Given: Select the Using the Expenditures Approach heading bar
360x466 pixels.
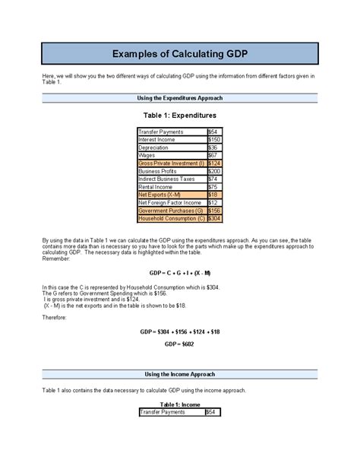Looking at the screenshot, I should click(180, 99).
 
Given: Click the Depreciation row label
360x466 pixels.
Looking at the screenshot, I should click(154, 147).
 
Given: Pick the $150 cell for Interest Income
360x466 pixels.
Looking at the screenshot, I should click(216, 140).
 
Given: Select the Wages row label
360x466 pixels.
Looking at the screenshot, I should click(147, 155).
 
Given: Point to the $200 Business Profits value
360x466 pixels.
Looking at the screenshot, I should click(216, 171).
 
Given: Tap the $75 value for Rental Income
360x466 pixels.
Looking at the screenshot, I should click(213, 187).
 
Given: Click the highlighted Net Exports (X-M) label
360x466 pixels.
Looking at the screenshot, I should click(159, 195).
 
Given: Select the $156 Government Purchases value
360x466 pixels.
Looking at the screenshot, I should click(216, 211).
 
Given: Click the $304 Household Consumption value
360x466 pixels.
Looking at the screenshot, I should click(216, 218).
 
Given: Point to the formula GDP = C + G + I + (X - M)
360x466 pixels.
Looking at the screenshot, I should click(180, 272).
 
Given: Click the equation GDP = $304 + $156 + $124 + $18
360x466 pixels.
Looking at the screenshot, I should click(180, 331).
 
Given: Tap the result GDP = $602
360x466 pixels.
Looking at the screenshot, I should click(180, 344).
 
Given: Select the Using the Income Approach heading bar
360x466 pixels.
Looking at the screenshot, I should click(180, 375).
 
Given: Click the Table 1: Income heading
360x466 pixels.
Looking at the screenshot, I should click(180, 405).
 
